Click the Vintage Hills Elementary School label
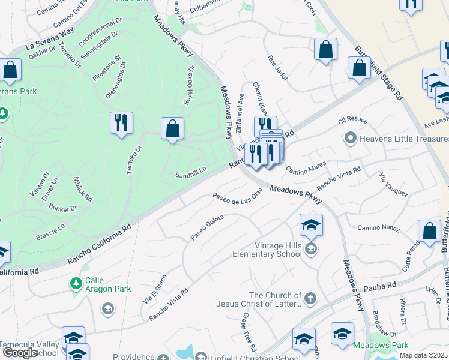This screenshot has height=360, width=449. click(x=267, y=250)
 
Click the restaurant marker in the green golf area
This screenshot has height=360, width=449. click(x=122, y=123)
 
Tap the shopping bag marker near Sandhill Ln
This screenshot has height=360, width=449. click(x=172, y=128)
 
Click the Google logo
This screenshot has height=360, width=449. click(x=20, y=352)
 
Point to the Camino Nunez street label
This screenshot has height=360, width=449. click(x=378, y=228)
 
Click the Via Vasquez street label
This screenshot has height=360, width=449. click(x=394, y=185)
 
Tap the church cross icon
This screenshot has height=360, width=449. click(x=310, y=298)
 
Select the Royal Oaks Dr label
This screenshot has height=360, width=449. click(x=190, y=84)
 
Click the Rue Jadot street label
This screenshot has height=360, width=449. click(x=277, y=70)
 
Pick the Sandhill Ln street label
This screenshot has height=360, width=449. click(x=190, y=175)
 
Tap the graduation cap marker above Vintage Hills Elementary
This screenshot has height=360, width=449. click(x=311, y=226)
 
